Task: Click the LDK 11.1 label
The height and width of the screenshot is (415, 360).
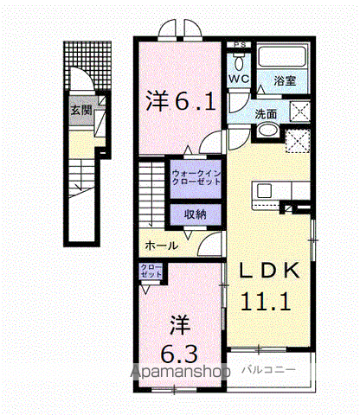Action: point(270,286)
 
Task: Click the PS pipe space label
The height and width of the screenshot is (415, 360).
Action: point(238,45)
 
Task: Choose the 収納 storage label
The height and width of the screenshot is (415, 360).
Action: point(194,214)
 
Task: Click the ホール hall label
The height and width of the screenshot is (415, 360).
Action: point(161,246)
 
